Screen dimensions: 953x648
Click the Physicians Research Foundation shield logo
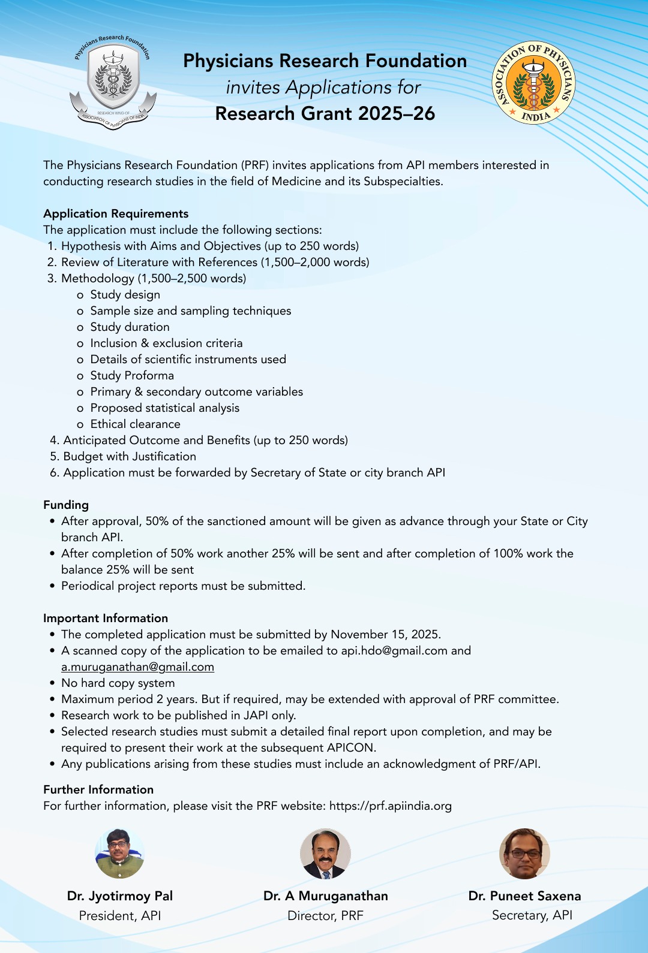click(x=113, y=82)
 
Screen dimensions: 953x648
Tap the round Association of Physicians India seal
click(x=533, y=83)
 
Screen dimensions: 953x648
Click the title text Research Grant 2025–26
click(x=325, y=113)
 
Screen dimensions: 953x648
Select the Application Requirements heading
click(x=116, y=213)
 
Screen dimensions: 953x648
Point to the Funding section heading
click(x=66, y=505)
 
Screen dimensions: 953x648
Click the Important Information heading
click(x=106, y=618)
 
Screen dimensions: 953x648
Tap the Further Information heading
click(x=98, y=789)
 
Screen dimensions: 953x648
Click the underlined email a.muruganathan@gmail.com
click(x=137, y=667)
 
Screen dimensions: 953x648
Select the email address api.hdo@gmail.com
click(x=394, y=650)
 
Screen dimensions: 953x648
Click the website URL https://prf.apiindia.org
click(x=390, y=806)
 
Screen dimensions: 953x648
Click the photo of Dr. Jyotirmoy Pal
click(x=119, y=854)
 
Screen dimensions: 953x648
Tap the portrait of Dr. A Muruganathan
click(x=325, y=854)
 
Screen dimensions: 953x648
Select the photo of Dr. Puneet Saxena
click(x=524, y=854)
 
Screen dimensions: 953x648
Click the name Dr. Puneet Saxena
click(x=524, y=895)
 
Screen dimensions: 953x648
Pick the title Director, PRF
click(x=325, y=915)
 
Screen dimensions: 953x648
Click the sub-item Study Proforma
click(x=132, y=375)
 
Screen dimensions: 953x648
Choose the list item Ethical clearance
click(x=135, y=424)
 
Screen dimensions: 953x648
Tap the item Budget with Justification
click(x=130, y=456)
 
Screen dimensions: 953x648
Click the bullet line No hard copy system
click(x=118, y=683)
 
